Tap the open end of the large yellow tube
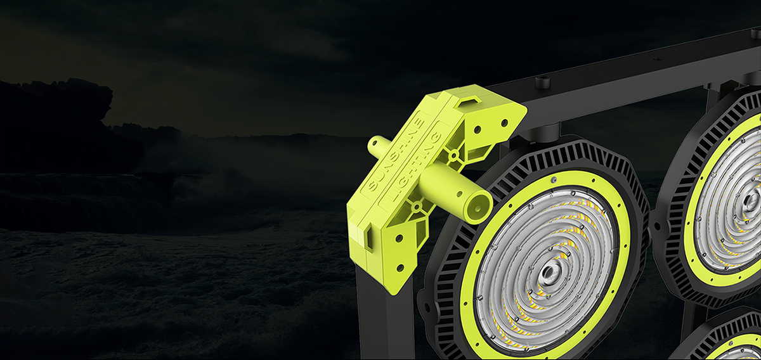click(x=479, y=208)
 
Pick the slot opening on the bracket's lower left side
click(x=369, y=238)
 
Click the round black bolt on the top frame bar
click(x=543, y=82)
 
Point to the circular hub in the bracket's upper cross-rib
click(x=453, y=156)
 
